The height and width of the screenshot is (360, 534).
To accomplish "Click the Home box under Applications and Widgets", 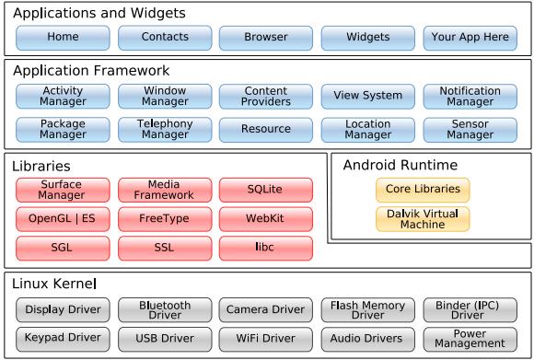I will coord(63,38).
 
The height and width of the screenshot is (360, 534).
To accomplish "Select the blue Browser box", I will coord(266,38).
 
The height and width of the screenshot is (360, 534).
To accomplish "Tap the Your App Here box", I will coord(470,38).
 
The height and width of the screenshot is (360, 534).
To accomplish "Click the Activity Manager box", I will coord(63,96).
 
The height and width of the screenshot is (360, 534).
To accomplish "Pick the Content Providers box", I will coord(266,96).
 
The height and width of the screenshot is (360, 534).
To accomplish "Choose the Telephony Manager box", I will coord(165,129).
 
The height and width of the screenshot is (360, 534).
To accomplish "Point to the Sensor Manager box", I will coord(470,129).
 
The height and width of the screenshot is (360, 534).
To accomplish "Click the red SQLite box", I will coord(266,190).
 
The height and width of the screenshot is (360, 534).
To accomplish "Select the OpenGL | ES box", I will coord(63,220).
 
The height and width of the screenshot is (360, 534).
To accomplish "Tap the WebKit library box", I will coord(266,220).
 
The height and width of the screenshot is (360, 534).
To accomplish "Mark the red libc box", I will coord(266,249).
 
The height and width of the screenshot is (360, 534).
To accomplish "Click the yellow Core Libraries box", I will coord(423,190).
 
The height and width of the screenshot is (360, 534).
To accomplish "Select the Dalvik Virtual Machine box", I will coord(423,219).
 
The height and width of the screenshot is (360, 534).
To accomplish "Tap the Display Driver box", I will coord(63,309).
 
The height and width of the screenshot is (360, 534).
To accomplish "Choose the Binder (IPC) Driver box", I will coord(470,309).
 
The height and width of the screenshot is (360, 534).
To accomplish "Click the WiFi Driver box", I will coord(266,338).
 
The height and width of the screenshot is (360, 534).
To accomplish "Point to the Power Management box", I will coord(470,338).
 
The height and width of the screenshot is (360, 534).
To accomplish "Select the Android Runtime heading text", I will coord(400,166).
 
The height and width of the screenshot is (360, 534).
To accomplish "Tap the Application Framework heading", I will coord(91,70).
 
